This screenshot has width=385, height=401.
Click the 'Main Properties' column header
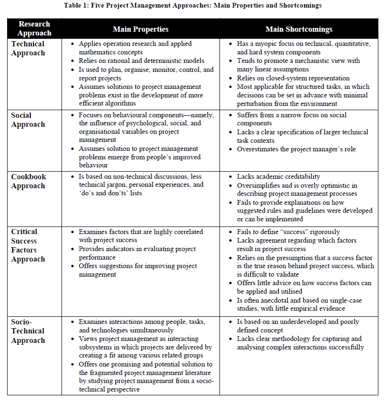click(x=140, y=29)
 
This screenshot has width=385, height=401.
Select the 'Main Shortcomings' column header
click(x=298, y=29)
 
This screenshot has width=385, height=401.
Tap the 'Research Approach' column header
click(x=35, y=29)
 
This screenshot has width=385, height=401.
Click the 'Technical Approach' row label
click(x=28, y=48)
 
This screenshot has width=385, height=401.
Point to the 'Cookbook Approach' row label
click(x=29, y=181)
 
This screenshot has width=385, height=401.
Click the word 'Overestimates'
click(x=260, y=149)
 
